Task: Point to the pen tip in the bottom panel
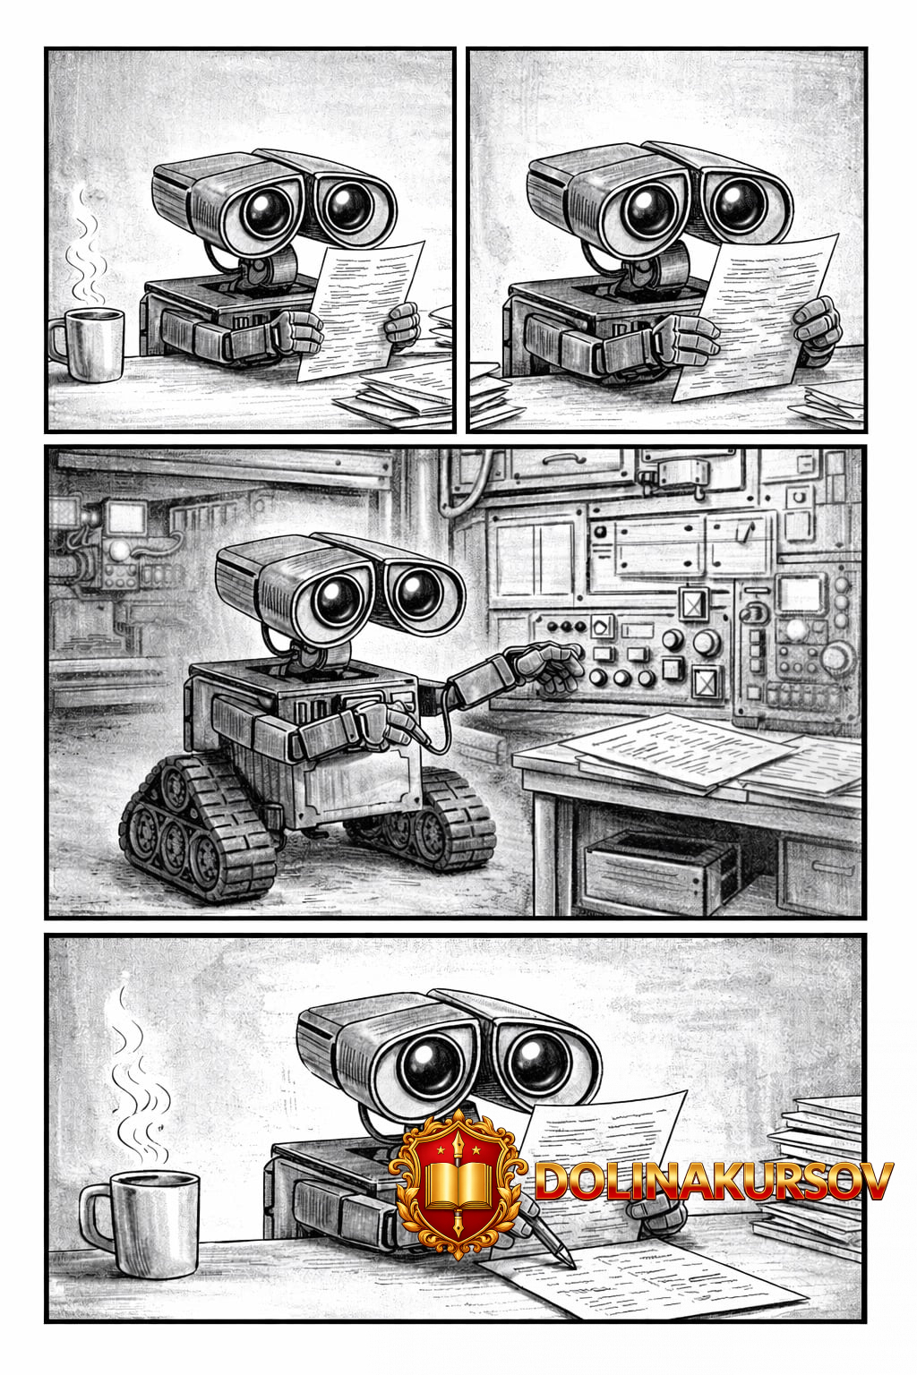(x=573, y=1265)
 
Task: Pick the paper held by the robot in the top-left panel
(x=363, y=310)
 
